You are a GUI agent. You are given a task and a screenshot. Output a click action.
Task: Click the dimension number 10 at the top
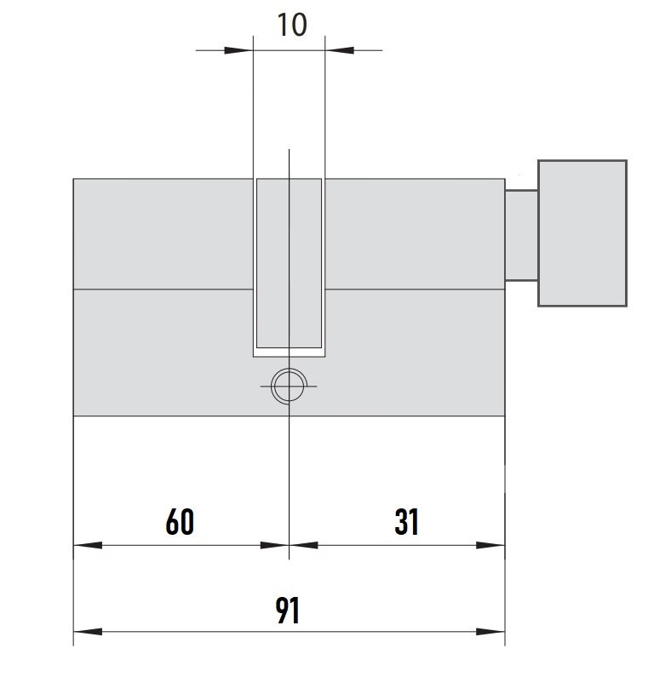(292, 25)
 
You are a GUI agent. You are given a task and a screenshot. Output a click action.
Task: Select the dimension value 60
(180, 521)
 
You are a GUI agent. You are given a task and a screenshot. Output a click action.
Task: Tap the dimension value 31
(406, 521)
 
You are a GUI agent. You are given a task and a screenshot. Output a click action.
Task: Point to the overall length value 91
(287, 610)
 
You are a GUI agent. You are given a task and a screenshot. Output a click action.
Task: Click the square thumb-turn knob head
(582, 233)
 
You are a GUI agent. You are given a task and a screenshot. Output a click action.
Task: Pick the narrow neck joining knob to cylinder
(521, 235)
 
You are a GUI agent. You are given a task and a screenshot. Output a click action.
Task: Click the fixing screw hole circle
(289, 386)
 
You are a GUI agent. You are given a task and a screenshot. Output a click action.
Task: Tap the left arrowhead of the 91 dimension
(88, 632)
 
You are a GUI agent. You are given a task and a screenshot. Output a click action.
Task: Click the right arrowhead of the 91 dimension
(490, 632)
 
